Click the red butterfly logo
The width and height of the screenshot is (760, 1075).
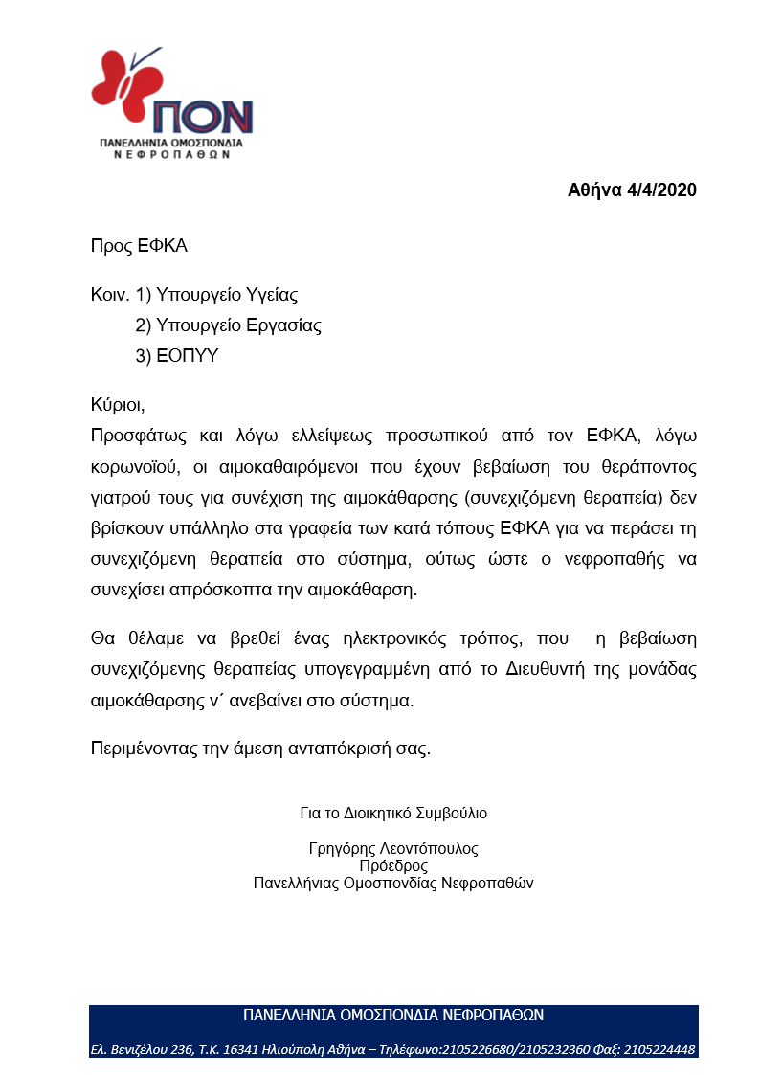(120, 80)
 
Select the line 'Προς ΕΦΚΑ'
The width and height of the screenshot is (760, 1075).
(139, 246)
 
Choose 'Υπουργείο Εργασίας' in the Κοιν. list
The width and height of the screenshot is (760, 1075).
(241, 325)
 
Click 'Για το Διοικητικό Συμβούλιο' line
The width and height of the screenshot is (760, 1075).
(393, 814)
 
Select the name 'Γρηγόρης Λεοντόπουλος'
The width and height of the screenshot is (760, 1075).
(393, 848)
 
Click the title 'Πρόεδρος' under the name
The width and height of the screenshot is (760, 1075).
(393, 865)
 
